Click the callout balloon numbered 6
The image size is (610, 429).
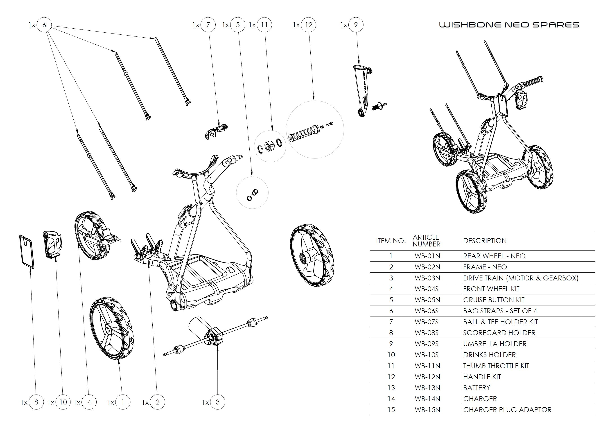pos(44,25)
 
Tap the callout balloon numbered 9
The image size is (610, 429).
pos(356,25)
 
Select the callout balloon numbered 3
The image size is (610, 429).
pos(218,402)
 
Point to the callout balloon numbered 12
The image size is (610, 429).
pos(308,25)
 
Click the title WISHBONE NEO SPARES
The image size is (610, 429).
pos(509,25)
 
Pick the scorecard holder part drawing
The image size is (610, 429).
pos(27,251)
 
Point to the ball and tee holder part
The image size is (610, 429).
pos(216,131)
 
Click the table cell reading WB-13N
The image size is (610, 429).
pos(427,388)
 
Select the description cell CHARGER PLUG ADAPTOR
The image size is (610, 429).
pos(507,410)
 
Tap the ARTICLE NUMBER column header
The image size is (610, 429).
pos(426,240)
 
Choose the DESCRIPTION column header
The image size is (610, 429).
pos(485,240)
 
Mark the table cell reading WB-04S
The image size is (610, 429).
pos(426,289)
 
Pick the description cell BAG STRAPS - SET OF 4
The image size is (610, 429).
pos(500,311)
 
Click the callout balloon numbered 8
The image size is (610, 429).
pos(36,402)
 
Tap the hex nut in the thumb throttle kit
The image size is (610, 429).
pos(269,146)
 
